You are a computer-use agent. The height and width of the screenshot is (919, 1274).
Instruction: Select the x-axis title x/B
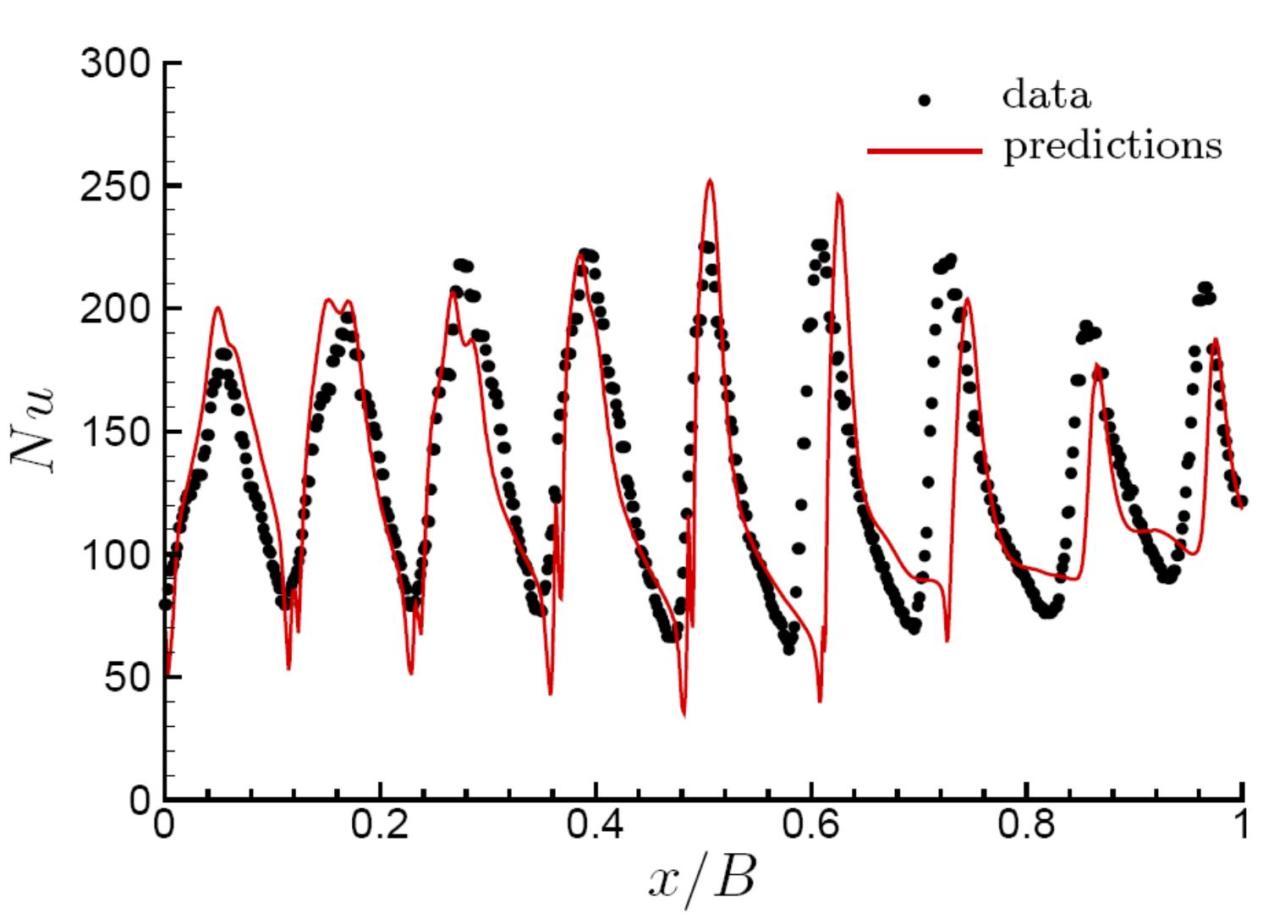tap(702, 880)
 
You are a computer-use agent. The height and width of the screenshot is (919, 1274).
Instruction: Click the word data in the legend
tap(1046, 96)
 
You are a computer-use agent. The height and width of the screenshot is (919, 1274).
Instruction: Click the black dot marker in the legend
tap(925, 100)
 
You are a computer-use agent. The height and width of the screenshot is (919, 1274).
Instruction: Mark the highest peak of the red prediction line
tap(711, 179)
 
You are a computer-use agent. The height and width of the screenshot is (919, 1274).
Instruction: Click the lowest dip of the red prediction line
tap(684, 716)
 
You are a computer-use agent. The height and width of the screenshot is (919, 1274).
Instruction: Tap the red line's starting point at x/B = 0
tap(167, 674)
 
